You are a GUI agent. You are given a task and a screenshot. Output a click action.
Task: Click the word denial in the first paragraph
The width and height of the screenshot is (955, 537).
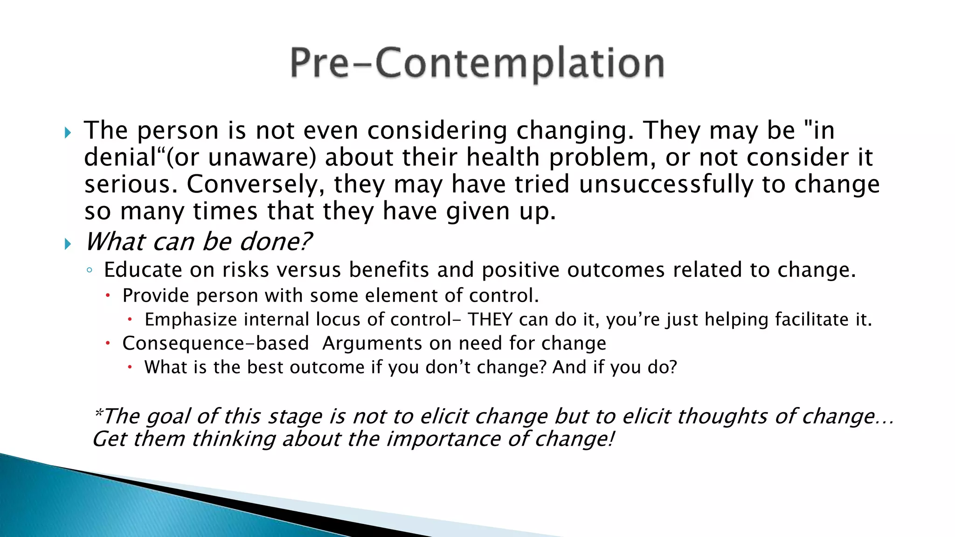(x=120, y=157)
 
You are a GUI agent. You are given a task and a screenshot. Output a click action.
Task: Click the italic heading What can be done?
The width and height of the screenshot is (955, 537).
(x=198, y=241)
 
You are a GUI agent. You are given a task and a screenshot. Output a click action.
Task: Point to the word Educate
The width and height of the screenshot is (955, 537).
(x=143, y=270)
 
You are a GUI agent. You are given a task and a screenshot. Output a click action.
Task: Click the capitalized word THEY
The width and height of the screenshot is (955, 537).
(x=491, y=320)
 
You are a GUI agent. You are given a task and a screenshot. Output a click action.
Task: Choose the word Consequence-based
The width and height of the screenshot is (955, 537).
(x=215, y=344)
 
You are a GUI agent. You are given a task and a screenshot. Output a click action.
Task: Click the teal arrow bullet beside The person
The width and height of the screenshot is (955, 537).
(x=68, y=133)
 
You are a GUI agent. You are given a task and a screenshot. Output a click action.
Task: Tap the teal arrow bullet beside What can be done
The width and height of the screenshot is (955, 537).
(x=68, y=244)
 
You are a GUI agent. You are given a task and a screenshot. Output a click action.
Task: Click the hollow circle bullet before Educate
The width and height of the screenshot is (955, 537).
(x=90, y=270)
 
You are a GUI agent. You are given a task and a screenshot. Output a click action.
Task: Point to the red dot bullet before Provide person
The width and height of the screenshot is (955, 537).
(x=108, y=296)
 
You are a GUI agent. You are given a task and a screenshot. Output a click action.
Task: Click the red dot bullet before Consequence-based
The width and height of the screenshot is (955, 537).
(x=108, y=344)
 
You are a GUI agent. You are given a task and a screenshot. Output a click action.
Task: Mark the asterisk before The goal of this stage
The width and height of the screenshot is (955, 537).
(x=98, y=412)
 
